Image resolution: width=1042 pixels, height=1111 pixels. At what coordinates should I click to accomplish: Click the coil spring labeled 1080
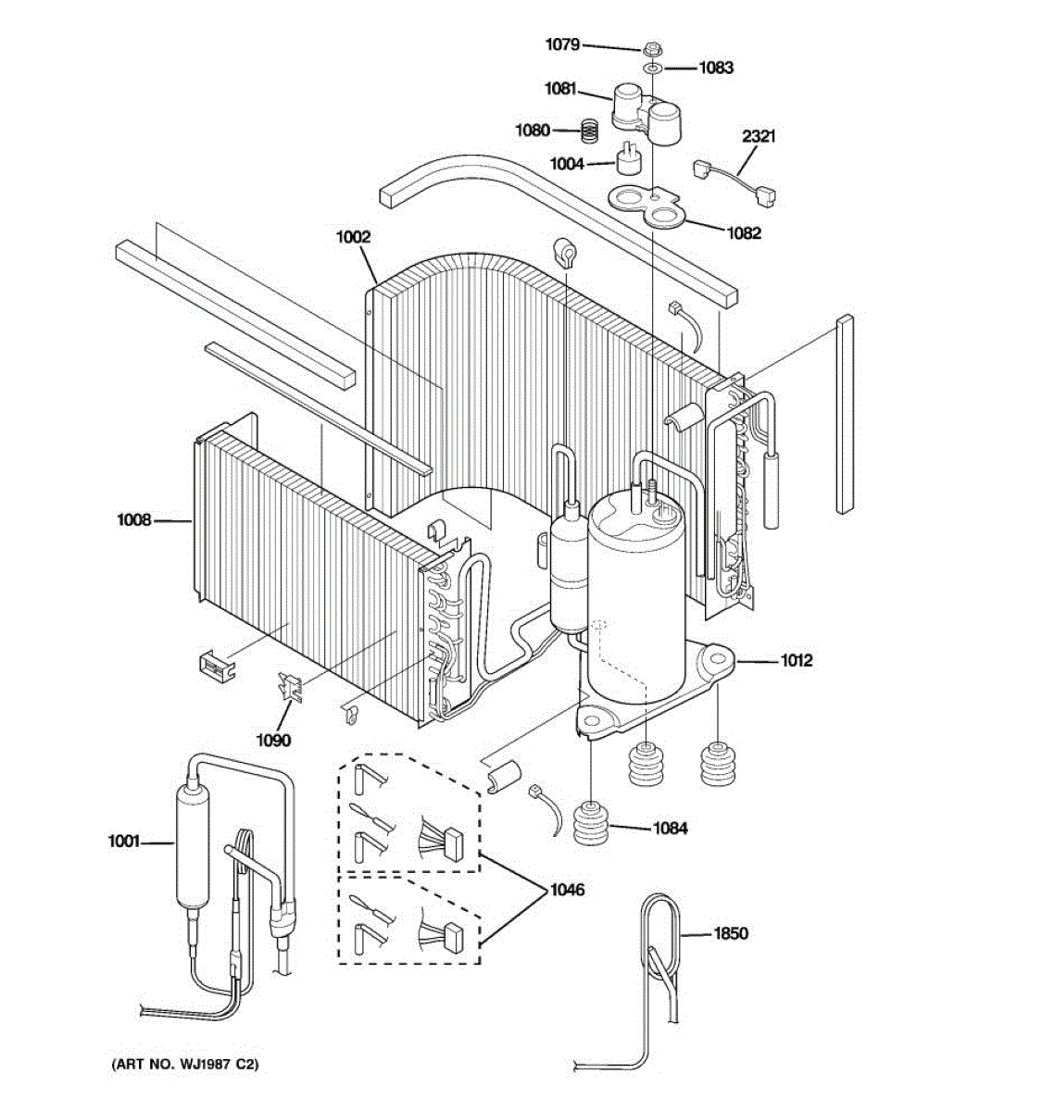[585, 131]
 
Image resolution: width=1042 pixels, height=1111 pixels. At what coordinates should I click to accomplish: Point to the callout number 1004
[567, 164]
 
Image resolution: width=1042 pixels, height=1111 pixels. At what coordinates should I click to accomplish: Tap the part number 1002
[353, 237]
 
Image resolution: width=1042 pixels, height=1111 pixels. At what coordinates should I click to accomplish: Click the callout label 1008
[133, 520]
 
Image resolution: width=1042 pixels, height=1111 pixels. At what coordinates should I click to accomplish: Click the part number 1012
[796, 660]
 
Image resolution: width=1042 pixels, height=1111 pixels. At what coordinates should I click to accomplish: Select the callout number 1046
[567, 890]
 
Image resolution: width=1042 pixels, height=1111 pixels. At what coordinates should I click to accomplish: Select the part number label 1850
[730, 933]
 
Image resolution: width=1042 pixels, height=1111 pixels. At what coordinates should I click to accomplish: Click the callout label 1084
[670, 829]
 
